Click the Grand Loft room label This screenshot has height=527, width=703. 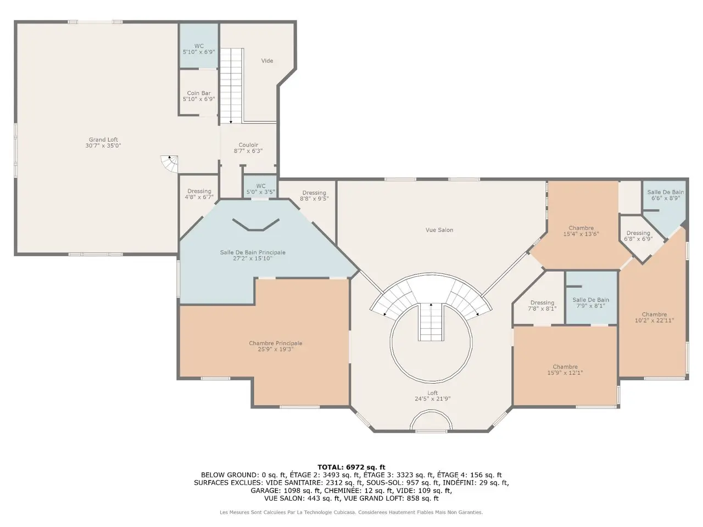pyautogui.click(x=103, y=142)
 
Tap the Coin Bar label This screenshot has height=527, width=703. pyautogui.click(x=199, y=93)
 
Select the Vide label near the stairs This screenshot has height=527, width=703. pyautogui.click(x=267, y=60)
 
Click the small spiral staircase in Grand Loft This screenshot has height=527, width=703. pyautogui.click(x=169, y=164)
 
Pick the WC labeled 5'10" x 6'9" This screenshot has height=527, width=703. pyautogui.click(x=199, y=49)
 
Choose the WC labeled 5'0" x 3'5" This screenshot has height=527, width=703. pyautogui.click(x=261, y=189)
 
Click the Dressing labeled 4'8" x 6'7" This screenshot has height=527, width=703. pyautogui.click(x=199, y=194)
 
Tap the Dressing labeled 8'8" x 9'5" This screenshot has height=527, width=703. pyautogui.click(x=314, y=195)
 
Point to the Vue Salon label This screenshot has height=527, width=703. pyautogui.click(x=439, y=230)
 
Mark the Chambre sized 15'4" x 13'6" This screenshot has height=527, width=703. pyautogui.click(x=581, y=231)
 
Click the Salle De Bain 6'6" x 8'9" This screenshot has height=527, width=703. pyautogui.click(x=666, y=195)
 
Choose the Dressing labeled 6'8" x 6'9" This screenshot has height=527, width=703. pyautogui.click(x=638, y=236)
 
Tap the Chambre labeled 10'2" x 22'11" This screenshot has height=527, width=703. pyautogui.click(x=654, y=317)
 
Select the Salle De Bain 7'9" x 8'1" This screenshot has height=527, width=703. pyautogui.click(x=590, y=302)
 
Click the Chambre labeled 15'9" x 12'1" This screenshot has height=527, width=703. pyautogui.click(x=565, y=369)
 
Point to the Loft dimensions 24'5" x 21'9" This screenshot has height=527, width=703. pyautogui.click(x=432, y=399)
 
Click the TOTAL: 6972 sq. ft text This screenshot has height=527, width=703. pyautogui.click(x=351, y=467)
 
